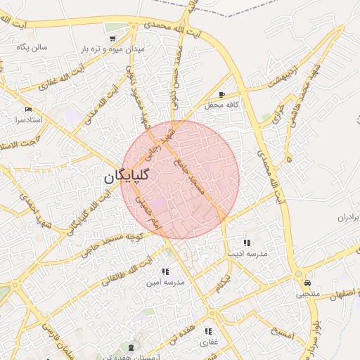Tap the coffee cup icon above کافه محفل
pyautogui.click(x=221, y=94)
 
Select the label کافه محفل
pyautogui.click(x=222, y=105)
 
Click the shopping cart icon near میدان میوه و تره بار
pyautogui.click(x=112, y=38)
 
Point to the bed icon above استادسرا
pyautogui.click(x=28, y=109)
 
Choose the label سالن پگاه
pyautogui.click(x=32, y=47)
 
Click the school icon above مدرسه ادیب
pyautogui.click(x=245, y=242)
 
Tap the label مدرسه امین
pyautogui.click(x=165, y=283)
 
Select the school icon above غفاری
pyautogui.click(x=208, y=331)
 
